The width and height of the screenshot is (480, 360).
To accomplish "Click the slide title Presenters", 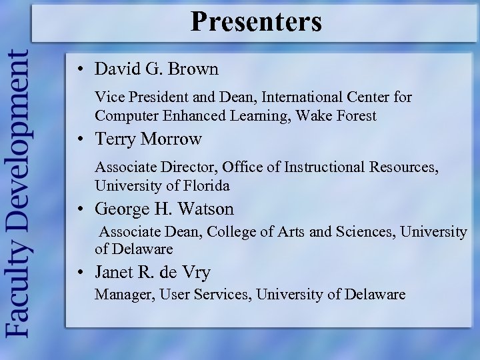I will [x=256, y=21].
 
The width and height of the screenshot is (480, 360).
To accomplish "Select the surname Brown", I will [x=195, y=69].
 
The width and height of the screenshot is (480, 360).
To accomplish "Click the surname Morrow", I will [x=170, y=139].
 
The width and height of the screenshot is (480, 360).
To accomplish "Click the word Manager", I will [x=124, y=295].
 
